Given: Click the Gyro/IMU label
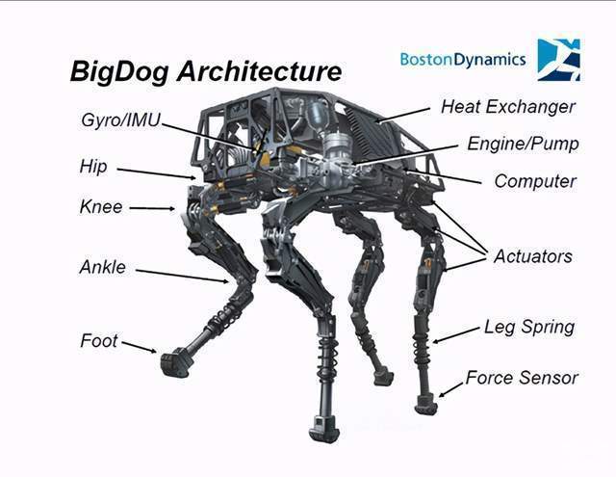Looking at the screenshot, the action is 121,120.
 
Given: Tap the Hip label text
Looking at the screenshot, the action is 93,167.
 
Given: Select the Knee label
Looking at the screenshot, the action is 101,207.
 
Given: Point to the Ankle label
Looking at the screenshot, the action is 103,267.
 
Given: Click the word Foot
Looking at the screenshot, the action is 98,340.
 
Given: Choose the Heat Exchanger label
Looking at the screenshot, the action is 508,107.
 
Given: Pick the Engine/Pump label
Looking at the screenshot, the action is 523,144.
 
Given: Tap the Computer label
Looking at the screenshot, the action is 535,181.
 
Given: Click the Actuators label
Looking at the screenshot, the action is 532,256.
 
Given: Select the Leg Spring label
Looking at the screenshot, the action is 529,328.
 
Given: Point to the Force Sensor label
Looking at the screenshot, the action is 522,378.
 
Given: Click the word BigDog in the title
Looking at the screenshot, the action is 119,71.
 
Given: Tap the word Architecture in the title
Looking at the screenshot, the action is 259,70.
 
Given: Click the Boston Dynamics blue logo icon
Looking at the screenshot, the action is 558,60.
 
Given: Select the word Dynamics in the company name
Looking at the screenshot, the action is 490,60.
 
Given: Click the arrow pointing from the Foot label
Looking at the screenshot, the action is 139,347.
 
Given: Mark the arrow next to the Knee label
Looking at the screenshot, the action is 152,208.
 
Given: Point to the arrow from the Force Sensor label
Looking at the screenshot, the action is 450,389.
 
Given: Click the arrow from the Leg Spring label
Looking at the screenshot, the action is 456,334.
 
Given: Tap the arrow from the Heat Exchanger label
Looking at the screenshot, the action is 402,115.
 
